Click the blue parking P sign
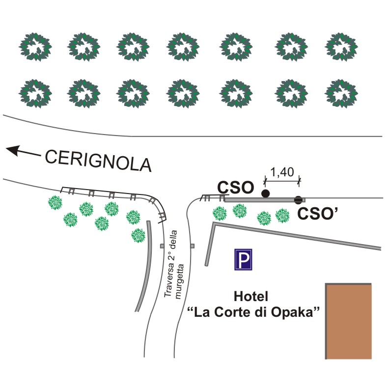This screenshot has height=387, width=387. (243, 260)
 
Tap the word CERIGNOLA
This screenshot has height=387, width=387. (98, 160)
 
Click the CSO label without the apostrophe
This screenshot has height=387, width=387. (236, 187)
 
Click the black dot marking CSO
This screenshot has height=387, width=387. (266, 193)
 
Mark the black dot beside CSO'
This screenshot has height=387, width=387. (298, 200)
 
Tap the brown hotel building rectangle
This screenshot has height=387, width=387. (349, 321)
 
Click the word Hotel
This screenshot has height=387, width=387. (251, 297)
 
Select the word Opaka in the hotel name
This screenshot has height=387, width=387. (297, 313)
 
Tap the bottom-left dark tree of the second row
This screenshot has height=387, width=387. (35, 93)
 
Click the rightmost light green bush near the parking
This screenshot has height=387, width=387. (282, 215)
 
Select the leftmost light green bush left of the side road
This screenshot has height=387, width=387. (55, 202)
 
